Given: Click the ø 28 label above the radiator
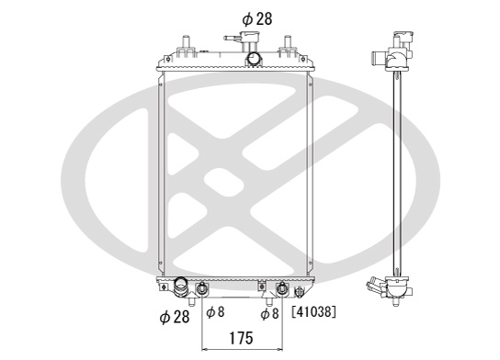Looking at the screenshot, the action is click(257, 19).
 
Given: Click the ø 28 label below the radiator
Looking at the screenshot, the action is click(175, 317).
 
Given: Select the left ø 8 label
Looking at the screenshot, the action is click(215, 312).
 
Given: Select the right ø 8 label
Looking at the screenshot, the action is click(269, 313).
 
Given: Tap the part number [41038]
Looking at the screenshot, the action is click(313, 312).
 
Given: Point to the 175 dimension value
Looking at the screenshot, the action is click(241, 338).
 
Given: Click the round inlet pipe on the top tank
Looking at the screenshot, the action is click(255, 59).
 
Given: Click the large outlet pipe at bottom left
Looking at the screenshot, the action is click(181, 287).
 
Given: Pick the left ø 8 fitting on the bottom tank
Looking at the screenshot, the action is click(202, 288).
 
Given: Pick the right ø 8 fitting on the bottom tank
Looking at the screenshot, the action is click(282, 288).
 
